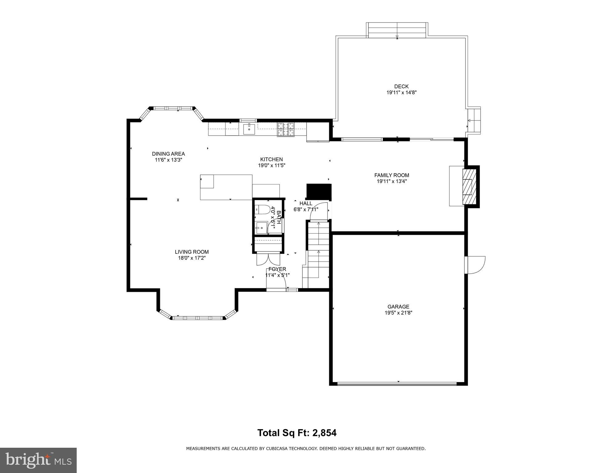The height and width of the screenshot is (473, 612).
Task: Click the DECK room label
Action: (x=401, y=87)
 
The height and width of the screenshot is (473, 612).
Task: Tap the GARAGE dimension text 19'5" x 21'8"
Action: (x=398, y=313)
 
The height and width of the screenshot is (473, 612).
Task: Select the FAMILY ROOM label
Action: (x=392, y=175)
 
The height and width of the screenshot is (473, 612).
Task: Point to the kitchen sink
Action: (x=249, y=129)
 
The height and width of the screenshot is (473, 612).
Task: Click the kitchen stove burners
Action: (x=286, y=129)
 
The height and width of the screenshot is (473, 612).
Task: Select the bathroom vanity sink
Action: (x=261, y=228)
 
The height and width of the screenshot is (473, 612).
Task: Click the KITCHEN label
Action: (x=271, y=159)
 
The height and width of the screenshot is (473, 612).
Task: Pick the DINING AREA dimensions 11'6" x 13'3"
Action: (x=168, y=160)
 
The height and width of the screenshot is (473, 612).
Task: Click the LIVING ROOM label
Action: (x=192, y=252)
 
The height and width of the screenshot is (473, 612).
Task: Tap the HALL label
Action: (x=306, y=203)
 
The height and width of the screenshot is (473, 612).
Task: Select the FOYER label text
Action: (x=277, y=269)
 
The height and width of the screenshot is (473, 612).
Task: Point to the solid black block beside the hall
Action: (x=318, y=191)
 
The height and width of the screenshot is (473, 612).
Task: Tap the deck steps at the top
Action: (x=397, y=30)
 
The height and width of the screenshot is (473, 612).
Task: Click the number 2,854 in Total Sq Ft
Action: (x=324, y=433)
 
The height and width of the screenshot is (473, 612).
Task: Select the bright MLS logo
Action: (x=38, y=460)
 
